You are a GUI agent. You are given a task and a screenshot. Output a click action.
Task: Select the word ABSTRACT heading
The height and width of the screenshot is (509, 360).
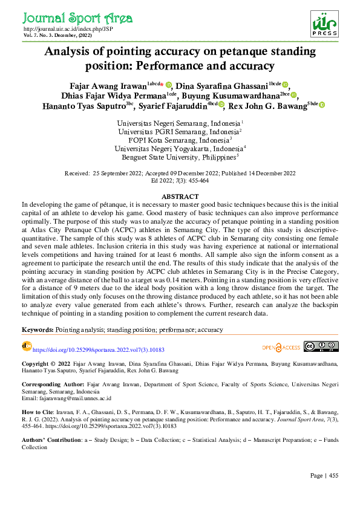(180, 197)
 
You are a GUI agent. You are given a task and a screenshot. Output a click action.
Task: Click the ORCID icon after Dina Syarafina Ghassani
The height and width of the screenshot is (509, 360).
(285, 85)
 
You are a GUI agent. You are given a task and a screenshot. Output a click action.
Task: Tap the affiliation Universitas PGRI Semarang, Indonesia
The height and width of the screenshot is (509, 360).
(180, 131)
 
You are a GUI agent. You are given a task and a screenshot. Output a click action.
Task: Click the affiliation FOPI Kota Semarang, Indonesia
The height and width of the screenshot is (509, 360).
(180, 140)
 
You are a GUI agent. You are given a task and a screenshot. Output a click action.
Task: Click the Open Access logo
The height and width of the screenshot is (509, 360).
(281, 347)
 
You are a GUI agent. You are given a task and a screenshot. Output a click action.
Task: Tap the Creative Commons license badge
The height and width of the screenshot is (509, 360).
(321, 346)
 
